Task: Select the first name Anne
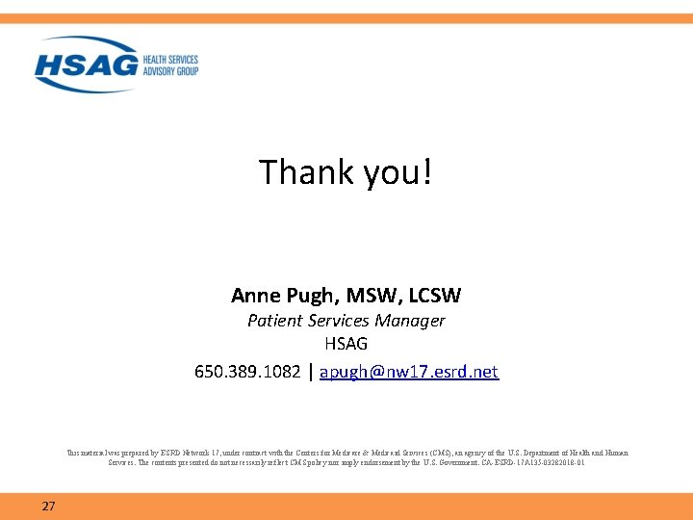click(254, 295)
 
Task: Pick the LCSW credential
click(434, 295)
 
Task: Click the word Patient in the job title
click(274, 321)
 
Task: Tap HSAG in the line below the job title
click(346, 344)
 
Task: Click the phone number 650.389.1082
click(246, 372)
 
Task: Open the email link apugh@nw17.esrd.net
click(408, 372)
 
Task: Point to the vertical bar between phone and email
click(310, 372)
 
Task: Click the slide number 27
click(48, 506)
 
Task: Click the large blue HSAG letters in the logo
click(87, 65)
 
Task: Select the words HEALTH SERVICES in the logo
click(170, 60)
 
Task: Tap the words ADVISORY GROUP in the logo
click(170, 71)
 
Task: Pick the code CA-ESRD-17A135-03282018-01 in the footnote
click(536, 462)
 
